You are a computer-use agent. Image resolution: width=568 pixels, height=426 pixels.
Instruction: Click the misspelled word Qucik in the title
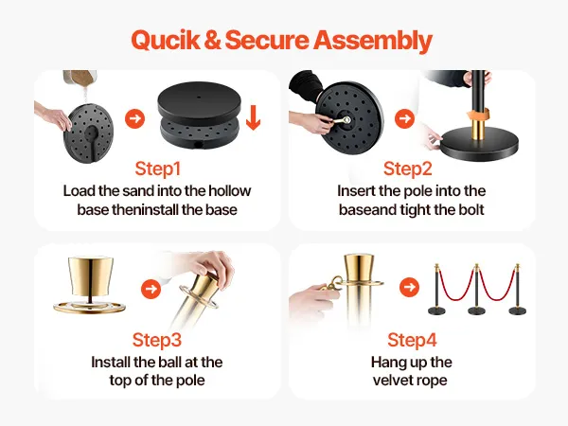click(165, 40)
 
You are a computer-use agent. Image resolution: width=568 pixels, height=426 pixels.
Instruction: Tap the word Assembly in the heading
click(373, 41)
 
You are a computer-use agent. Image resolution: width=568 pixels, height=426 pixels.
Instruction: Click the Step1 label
click(157, 169)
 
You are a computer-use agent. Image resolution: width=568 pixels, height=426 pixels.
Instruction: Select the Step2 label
click(407, 169)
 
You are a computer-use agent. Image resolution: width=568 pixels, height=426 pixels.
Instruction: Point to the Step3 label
click(157, 340)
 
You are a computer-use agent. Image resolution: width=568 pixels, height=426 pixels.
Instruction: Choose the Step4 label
click(412, 340)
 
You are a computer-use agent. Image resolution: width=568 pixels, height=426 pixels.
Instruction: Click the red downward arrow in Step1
click(253, 117)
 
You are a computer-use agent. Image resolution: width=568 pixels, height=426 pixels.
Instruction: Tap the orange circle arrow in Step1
click(135, 118)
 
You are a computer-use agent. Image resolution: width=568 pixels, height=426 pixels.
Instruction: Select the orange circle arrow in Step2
click(404, 118)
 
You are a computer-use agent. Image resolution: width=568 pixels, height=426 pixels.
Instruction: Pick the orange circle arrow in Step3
click(151, 289)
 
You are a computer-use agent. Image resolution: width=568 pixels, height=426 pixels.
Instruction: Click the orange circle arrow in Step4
click(409, 287)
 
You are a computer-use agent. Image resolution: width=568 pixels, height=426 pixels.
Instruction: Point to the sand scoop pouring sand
click(80, 79)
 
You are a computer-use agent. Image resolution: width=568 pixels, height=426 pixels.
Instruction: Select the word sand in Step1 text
click(138, 191)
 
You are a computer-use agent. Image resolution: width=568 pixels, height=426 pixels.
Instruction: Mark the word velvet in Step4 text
click(393, 381)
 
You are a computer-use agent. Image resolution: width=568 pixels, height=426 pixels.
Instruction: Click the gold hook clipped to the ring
click(330, 282)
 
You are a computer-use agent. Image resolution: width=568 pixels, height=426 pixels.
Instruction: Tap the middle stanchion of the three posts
click(476, 290)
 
